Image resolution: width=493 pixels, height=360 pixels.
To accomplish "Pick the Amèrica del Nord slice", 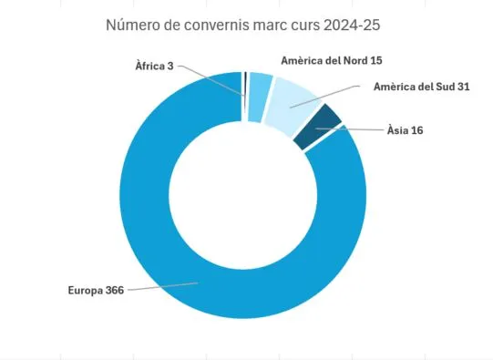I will (x=260, y=85).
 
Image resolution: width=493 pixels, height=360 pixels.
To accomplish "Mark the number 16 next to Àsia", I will (x=416, y=130).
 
